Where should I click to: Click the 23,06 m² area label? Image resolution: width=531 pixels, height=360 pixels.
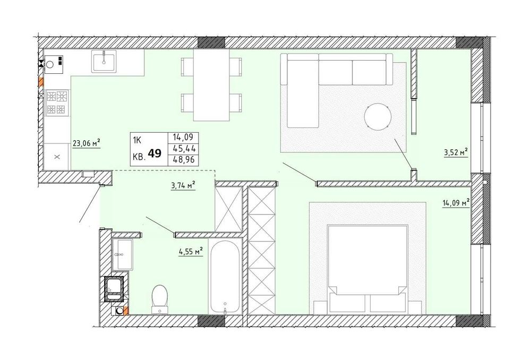87,143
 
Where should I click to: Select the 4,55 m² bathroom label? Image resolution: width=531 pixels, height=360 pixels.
191,251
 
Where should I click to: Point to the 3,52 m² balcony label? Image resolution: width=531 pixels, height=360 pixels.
456,152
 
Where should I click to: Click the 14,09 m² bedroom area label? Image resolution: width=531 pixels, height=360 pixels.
456,203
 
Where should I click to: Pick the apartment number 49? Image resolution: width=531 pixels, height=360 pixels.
155,153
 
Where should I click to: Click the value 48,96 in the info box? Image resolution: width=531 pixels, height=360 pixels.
184,159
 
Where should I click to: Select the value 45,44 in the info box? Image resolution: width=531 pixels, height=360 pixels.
184,149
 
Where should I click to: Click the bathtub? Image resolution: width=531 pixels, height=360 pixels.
225,277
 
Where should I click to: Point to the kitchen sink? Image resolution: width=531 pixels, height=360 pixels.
104,61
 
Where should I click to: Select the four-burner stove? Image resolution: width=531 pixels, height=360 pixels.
56,103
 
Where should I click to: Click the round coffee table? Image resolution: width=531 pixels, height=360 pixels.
378,116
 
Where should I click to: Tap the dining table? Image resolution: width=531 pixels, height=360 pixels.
211,84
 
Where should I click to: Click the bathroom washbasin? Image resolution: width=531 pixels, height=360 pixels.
122,254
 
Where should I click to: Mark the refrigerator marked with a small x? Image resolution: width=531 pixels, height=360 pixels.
57,157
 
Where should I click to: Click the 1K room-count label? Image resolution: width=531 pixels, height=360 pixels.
137,140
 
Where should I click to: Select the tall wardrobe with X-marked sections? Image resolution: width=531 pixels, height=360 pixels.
262,250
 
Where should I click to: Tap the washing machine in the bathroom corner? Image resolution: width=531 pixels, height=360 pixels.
115,289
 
